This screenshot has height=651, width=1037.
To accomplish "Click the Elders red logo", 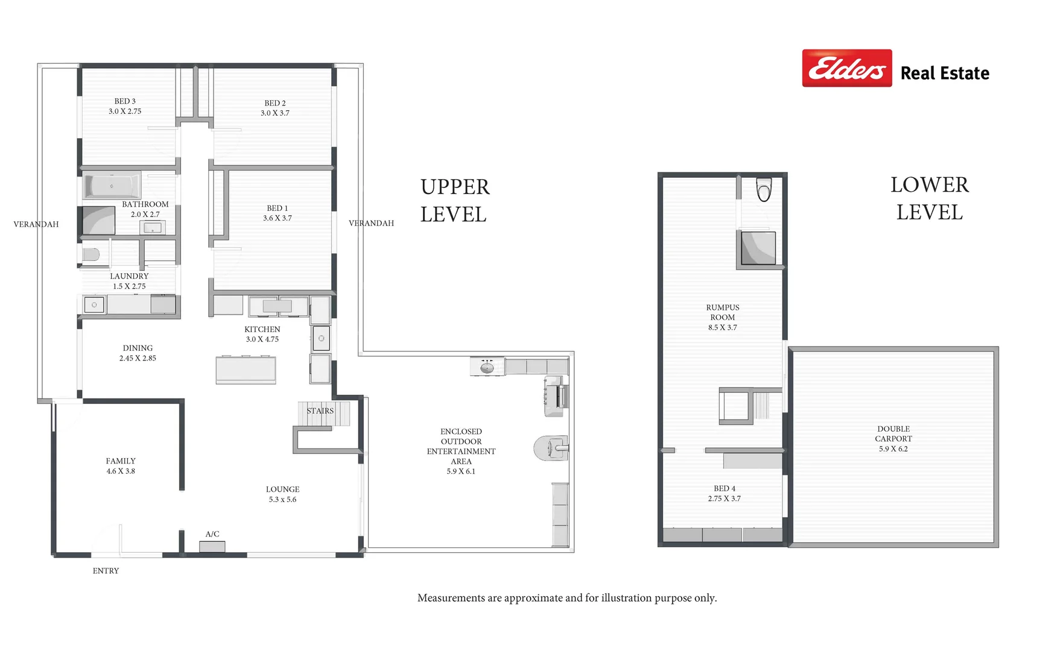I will pos(846,68).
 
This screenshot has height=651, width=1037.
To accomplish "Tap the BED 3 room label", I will pos(125,101).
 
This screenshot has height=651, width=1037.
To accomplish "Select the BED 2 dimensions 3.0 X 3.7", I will pos(275,113).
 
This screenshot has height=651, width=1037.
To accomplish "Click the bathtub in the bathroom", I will pos(112,185).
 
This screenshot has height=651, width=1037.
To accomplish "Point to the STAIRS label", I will pos(320,411).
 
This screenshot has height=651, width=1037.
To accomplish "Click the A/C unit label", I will pos(212,534).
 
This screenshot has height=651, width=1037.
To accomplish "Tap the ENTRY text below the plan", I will pos(106,571).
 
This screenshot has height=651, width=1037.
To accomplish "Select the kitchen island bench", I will pos(246,370).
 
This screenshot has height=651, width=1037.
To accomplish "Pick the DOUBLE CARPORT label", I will pos(893,434).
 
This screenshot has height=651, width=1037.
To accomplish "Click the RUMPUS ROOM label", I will pos(723,312).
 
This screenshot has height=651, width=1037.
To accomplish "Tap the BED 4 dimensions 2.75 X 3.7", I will pos(725,499).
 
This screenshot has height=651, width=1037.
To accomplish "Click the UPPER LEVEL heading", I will pos(455,201).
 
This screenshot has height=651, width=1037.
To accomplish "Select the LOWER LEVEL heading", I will pos(930,198).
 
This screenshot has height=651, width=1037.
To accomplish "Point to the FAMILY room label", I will pos(121,461).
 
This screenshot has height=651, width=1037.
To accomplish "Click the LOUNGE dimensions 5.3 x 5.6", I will pos(282,500).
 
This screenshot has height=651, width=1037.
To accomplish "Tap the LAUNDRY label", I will pos(129,276).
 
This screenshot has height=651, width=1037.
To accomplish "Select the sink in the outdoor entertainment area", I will pos(487,366).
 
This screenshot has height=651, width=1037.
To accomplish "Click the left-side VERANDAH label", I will pos(36,224).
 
